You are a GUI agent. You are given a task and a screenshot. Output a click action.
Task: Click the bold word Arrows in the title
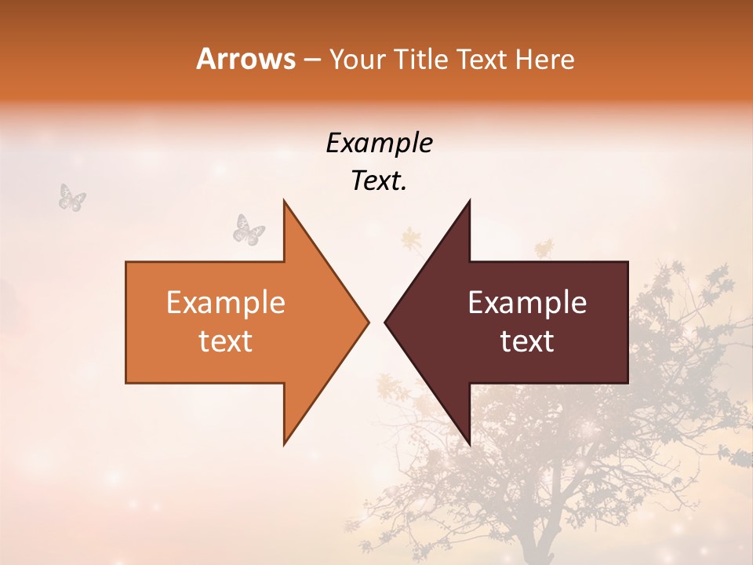point(246,59)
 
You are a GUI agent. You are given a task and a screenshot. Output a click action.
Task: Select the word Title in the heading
point(420,60)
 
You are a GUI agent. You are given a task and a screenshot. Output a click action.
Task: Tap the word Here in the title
point(545,60)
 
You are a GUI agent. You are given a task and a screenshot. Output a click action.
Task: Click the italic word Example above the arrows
point(379,143)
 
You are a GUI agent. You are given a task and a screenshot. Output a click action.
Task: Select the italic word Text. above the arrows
point(379,180)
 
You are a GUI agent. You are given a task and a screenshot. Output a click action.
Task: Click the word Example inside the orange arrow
point(225,303)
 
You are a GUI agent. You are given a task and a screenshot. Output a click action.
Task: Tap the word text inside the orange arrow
point(225,341)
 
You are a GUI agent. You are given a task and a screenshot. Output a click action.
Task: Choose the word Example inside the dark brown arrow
point(527,303)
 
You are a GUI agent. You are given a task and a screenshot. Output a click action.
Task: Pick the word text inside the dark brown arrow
point(527,341)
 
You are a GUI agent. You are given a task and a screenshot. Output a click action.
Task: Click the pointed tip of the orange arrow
point(368,322)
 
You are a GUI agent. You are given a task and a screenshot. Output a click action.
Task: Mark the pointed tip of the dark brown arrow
point(385,322)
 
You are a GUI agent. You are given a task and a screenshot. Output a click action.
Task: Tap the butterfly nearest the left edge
point(72,197)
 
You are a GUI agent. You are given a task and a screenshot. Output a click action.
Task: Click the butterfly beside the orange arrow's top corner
point(249,229)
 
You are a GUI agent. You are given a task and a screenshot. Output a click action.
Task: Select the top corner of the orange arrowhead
point(284,201)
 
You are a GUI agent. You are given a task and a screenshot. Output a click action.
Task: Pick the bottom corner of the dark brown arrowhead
point(469,444)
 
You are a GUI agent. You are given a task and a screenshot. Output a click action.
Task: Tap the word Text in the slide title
point(482,60)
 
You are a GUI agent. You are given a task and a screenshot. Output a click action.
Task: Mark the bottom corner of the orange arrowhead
point(284,444)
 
